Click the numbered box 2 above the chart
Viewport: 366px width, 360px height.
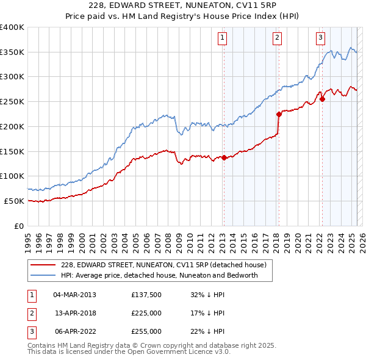[277, 38]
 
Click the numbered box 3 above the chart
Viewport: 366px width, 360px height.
[320, 38]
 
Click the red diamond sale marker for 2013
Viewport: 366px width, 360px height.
[224, 157]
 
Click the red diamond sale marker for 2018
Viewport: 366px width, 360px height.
[279, 113]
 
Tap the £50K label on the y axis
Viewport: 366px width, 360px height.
[14, 201]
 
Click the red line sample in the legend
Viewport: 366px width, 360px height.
[43, 265]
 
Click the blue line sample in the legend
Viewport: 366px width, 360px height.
[43, 275]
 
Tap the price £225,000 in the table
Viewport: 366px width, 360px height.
[146, 313]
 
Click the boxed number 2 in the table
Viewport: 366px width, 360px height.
[30, 313]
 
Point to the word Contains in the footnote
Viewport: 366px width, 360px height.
[43, 345]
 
